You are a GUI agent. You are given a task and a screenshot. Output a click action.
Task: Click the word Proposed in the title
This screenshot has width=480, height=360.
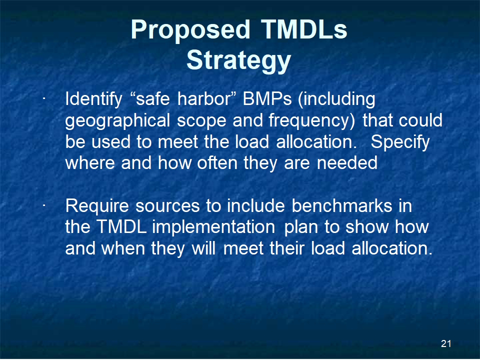pyautogui.click(x=190, y=30)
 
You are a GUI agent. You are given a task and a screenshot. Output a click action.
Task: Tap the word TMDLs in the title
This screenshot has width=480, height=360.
pyautogui.click(x=304, y=29)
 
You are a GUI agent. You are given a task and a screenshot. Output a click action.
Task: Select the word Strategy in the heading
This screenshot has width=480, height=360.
pyautogui.click(x=238, y=61)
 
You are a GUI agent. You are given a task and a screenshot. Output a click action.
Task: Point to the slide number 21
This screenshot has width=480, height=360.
pyautogui.click(x=446, y=344)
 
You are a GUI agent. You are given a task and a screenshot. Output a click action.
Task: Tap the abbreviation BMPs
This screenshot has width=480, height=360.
pyautogui.click(x=267, y=98)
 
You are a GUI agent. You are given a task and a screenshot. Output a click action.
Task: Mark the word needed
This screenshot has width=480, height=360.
pyautogui.click(x=347, y=162)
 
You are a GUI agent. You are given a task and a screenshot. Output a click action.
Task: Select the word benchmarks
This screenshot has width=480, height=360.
pyautogui.click(x=342, y=205)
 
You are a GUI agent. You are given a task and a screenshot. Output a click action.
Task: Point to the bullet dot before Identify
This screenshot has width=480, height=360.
pyautogui.click(x=44, y=98)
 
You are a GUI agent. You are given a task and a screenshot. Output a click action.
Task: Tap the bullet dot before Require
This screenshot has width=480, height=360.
pyautogui.click(x=44, y=205)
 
